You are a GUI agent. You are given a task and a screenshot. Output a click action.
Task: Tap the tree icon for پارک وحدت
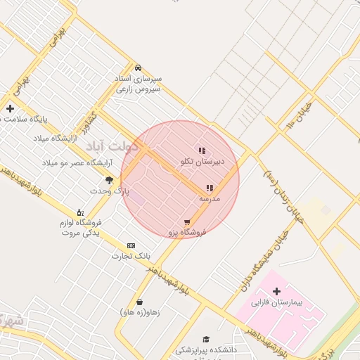[109, 180]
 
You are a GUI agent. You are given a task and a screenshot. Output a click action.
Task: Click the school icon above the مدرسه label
[209, 188]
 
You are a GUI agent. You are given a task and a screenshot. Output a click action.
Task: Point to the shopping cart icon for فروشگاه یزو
[186, 222]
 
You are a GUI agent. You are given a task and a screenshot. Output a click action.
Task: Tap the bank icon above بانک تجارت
[131, 245]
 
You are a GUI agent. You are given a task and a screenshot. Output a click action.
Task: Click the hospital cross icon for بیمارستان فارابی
[276, 291]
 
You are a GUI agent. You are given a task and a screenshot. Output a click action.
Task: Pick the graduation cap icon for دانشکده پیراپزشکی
[206, 339]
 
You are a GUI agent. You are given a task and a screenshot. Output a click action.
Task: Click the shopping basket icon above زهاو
[140, 302]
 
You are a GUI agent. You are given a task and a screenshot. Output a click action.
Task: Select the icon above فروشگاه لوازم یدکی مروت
[79, 212]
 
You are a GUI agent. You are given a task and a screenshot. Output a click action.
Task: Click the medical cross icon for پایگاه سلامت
[10, 108]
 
